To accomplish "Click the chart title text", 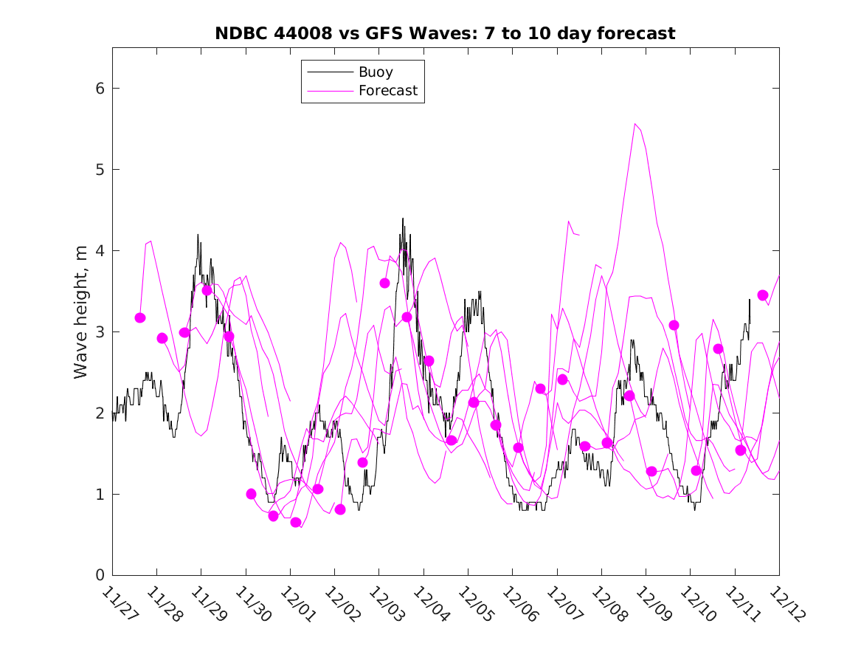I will coord(445,34).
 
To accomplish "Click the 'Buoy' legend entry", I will coord(376,72).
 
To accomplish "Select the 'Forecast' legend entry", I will coord(388,91).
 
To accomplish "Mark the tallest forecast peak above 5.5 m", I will coord(635,124).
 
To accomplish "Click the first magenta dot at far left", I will coord(140,317).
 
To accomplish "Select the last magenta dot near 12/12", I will coord(763,295).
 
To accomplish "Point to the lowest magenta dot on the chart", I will coord(296,522).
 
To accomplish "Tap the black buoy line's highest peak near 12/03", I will coord(403,219).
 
